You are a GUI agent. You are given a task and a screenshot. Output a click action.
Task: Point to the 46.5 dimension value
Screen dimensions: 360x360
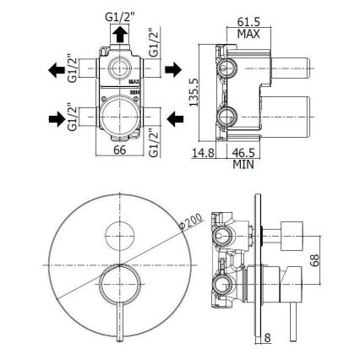click(x=246, y=153)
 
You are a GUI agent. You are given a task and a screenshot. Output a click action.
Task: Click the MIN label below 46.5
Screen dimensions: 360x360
click(x=246, y=165)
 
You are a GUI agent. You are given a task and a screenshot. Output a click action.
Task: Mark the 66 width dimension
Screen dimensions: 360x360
click(x=122, y=152)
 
